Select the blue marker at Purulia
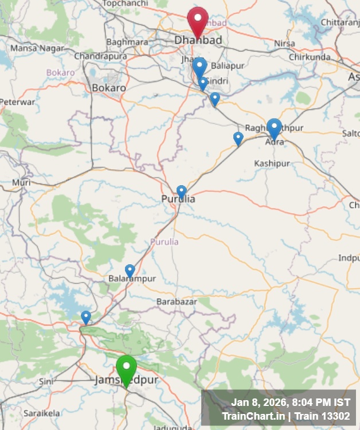pos(181,192)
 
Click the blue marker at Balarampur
pos(130,271)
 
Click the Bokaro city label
pos(109,88)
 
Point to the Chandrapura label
pos(100,56)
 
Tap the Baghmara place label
pos(127,42)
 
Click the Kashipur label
pos(272,164)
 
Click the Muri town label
pos(21,183)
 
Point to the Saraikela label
pos(41,413)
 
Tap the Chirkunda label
pos(310,57)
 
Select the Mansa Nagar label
pos(37,48)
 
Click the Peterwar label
pos(17,102)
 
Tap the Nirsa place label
pos(284,44)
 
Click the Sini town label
pos(46,381)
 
